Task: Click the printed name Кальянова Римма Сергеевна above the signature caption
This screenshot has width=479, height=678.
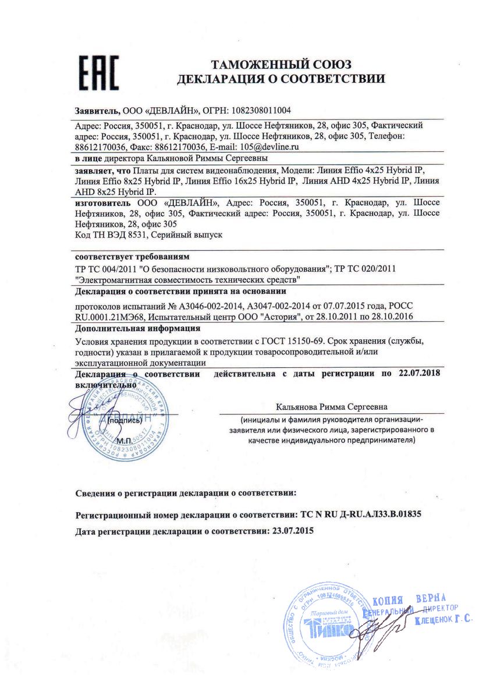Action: point(332,407)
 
